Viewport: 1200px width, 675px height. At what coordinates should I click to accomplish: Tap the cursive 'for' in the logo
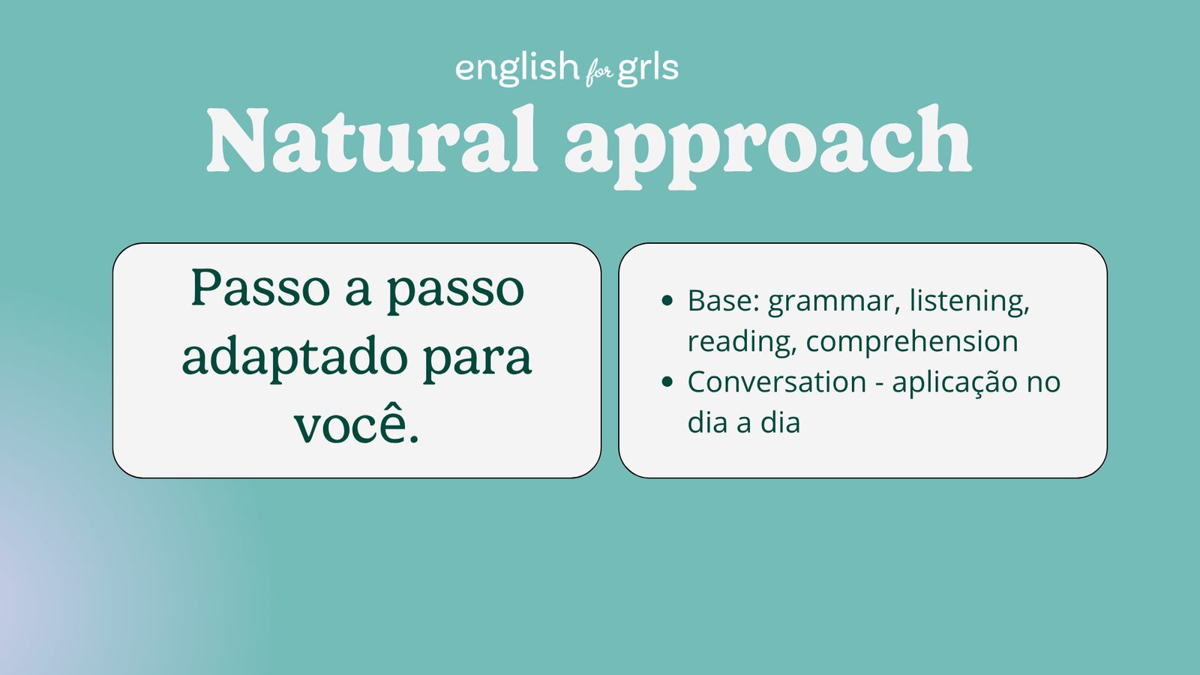coord(598,73)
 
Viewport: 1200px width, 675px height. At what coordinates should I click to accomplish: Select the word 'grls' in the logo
coord(648,68)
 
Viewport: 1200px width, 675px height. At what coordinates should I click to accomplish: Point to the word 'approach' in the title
coord(767,142)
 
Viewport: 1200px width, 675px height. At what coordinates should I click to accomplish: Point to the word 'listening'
coord(969,301)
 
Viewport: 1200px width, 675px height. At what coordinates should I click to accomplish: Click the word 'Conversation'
coord(777,382)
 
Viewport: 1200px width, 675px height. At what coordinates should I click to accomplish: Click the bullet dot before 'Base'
coord(667,301)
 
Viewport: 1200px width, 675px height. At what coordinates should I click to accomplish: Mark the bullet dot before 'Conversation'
coord(667,382)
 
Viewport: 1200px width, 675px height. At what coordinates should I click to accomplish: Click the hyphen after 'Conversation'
coord(879,384)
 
